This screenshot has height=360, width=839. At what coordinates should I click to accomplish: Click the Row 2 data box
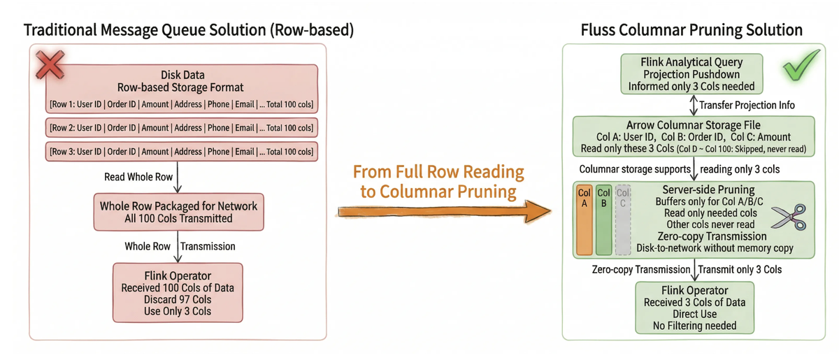pyautogui.click(x=181, y=127)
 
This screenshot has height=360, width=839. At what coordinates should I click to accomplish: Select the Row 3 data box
pyautogui.click(x=181, y=151)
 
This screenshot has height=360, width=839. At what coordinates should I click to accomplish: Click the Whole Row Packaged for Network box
pyautogui.click(x=178, y=213)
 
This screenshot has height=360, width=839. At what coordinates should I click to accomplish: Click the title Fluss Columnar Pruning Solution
pyautogui.click(x=691, y=30)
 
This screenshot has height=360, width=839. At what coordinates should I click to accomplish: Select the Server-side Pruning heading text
pyautogui.click(x=708, y=190)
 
